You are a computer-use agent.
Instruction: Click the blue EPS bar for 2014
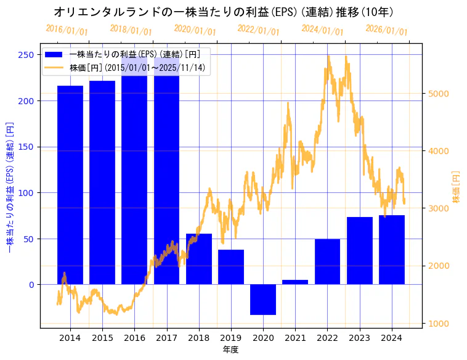(x=70, y=185)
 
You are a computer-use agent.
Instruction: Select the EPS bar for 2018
(x=199, y=259)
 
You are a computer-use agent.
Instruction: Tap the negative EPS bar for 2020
(x=263, y=300)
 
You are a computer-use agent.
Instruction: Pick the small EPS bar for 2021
(x=295, y=282)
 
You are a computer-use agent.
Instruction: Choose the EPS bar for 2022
(x=327, y=261)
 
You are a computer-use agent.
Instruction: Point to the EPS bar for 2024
(x=392, y=250)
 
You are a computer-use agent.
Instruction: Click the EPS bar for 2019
(x=231, y=267)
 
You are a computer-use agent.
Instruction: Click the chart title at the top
(x=224, y=12)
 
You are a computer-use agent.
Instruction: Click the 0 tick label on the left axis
(x=31, y=285)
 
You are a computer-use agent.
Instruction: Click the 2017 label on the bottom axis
(x=166, y=338)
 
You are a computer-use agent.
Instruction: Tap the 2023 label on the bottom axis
(x=359, y=338)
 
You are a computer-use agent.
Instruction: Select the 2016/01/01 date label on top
(x=67, y=30)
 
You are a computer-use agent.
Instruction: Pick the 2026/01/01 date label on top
(x=386, y=30)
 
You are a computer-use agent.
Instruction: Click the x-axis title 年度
(x=231, y=350)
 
